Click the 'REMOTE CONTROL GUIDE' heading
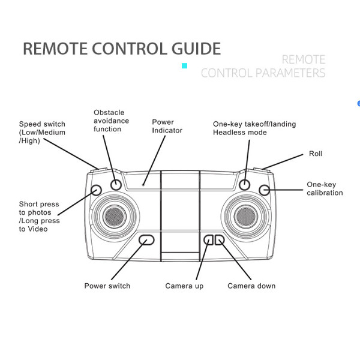[122, 49]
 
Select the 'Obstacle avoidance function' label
[111, 121]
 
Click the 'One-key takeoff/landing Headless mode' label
[254, 128]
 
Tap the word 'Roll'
[316, 154]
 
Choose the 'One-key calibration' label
[325, 188]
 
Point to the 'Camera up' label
[184, 286]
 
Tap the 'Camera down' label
[251, 286]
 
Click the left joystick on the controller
[115, 214]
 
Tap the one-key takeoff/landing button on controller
[244, 185]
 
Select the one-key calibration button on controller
[264, 190]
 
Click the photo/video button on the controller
[96, 190]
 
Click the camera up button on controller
[208, 239]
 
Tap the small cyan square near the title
[184, 66]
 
